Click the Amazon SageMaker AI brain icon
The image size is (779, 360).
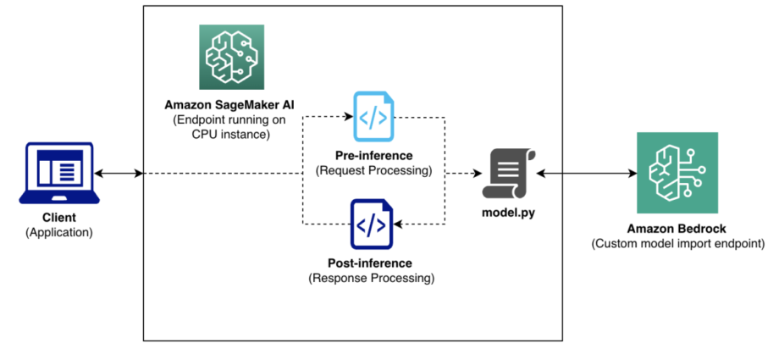[x=230, y=57]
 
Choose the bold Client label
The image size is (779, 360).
[x=58, y=218]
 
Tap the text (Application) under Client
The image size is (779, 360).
[x=58, y=231]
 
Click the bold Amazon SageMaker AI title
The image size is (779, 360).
[x=230, y=105]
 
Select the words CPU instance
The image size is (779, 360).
[x=230, y=133]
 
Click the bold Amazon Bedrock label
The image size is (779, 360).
[x=677, y=229]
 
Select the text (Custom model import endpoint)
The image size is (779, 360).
[x=677, y=243]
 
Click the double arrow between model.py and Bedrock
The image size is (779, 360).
[x=585, y=174]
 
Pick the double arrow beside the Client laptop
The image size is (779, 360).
[x=118, y=174]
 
